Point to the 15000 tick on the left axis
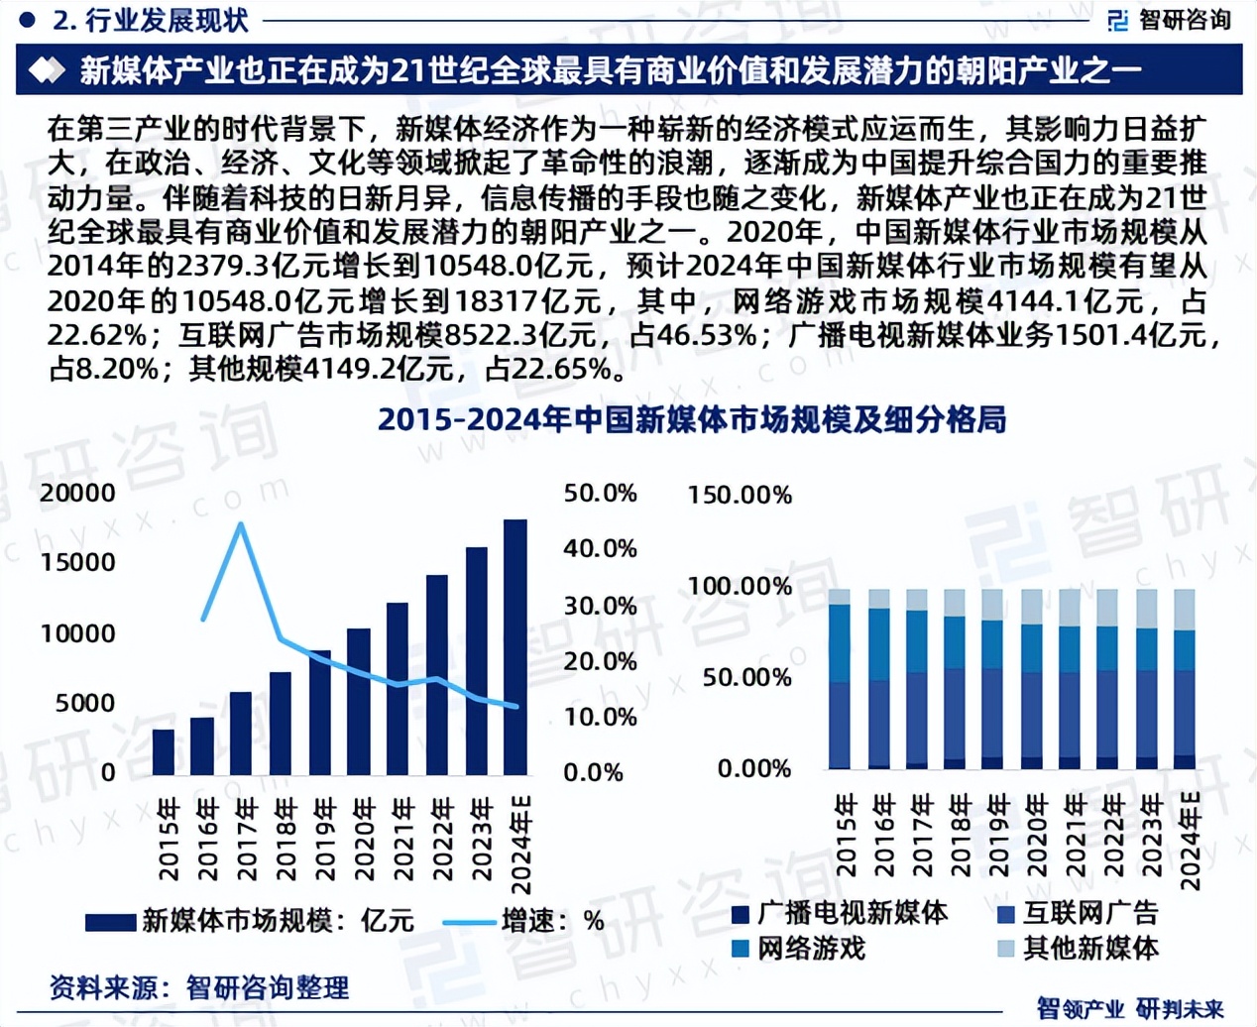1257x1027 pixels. [x=78, y=562]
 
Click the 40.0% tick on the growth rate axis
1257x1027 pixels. [x=600, y=548]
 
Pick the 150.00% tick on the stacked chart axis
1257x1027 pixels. [x=740, y=495]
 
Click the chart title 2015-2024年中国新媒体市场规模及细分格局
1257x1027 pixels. [x=692, y=420]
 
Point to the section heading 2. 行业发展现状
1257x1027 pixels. [x=149, y=20]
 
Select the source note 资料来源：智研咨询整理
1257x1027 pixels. [x=198, y=987]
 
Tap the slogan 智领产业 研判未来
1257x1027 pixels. [x=1130, y=1008]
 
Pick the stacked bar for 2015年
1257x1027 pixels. [x=840, y=679]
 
